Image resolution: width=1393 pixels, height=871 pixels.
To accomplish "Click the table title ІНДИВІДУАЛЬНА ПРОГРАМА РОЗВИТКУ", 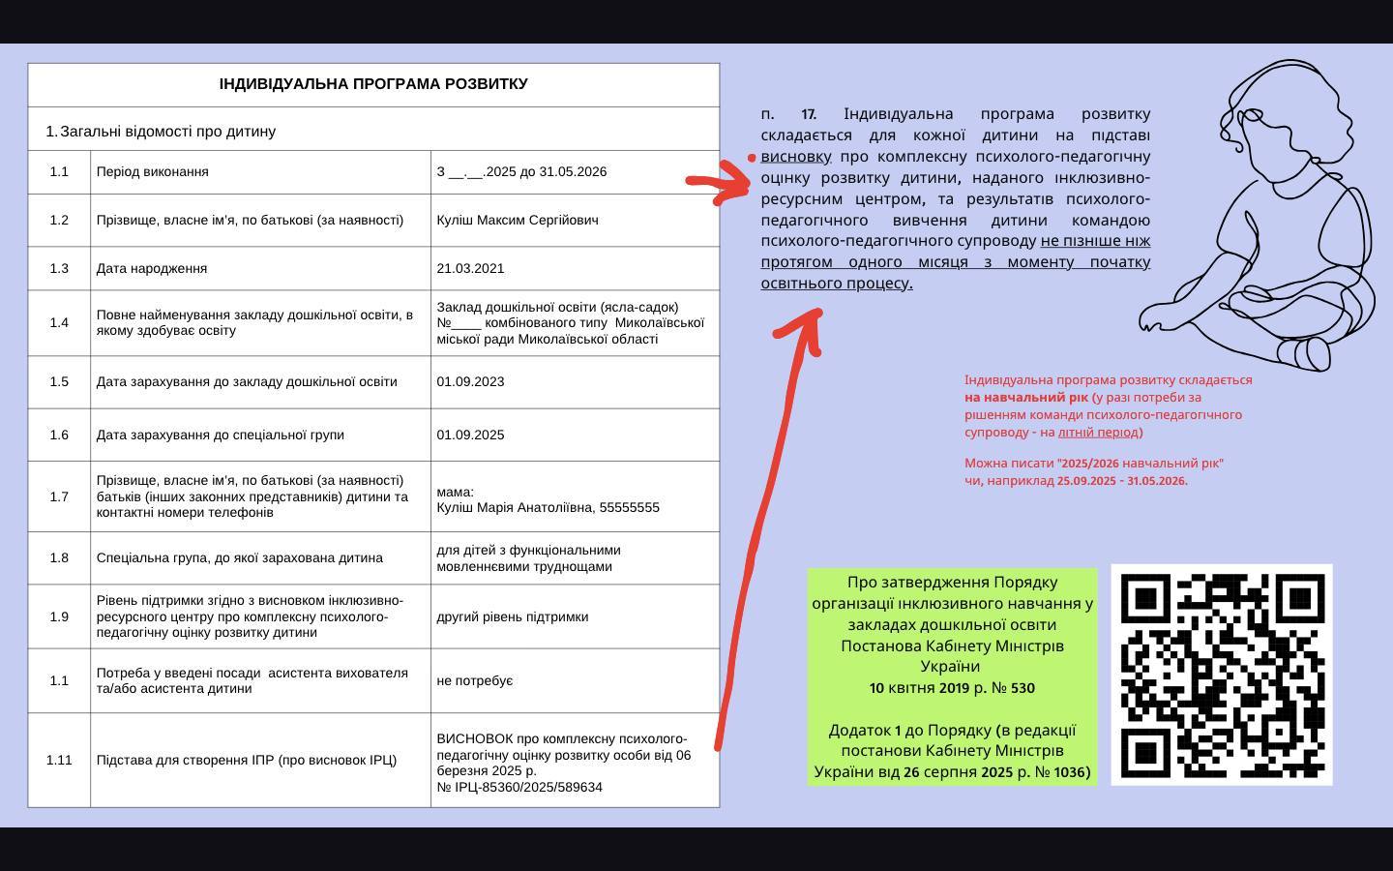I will click(373, 84).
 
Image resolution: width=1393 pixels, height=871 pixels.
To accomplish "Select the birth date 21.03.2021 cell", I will click(470, 268).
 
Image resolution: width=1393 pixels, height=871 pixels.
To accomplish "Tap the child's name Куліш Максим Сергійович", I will click(518, 220).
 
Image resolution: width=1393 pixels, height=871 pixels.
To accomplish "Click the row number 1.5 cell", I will click(59, 381).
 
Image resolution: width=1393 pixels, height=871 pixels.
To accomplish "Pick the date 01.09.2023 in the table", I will click(470, 381).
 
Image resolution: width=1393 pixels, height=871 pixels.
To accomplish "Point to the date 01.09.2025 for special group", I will click(470, 435).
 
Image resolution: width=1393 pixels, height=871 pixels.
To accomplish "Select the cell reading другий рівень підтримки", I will click(513, 616).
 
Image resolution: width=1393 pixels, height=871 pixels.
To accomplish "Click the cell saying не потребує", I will click(475, 680).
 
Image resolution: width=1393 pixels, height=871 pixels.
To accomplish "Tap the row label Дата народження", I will click(152, 268).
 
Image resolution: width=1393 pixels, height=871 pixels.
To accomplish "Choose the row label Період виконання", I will click(153, 171).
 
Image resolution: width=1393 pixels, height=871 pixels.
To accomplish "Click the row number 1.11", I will click(59, 760).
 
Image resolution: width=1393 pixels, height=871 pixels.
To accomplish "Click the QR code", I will click(1221, 675).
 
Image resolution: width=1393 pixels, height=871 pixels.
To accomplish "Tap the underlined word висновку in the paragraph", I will click(796, 157).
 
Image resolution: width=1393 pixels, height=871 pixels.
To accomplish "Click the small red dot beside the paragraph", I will click(752, 158).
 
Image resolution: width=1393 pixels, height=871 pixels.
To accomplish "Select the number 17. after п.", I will click(809, 114).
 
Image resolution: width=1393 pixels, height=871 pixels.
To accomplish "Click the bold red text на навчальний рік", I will click(1026, 397).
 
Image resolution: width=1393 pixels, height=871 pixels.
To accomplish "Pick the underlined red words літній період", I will click(1098, 432).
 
